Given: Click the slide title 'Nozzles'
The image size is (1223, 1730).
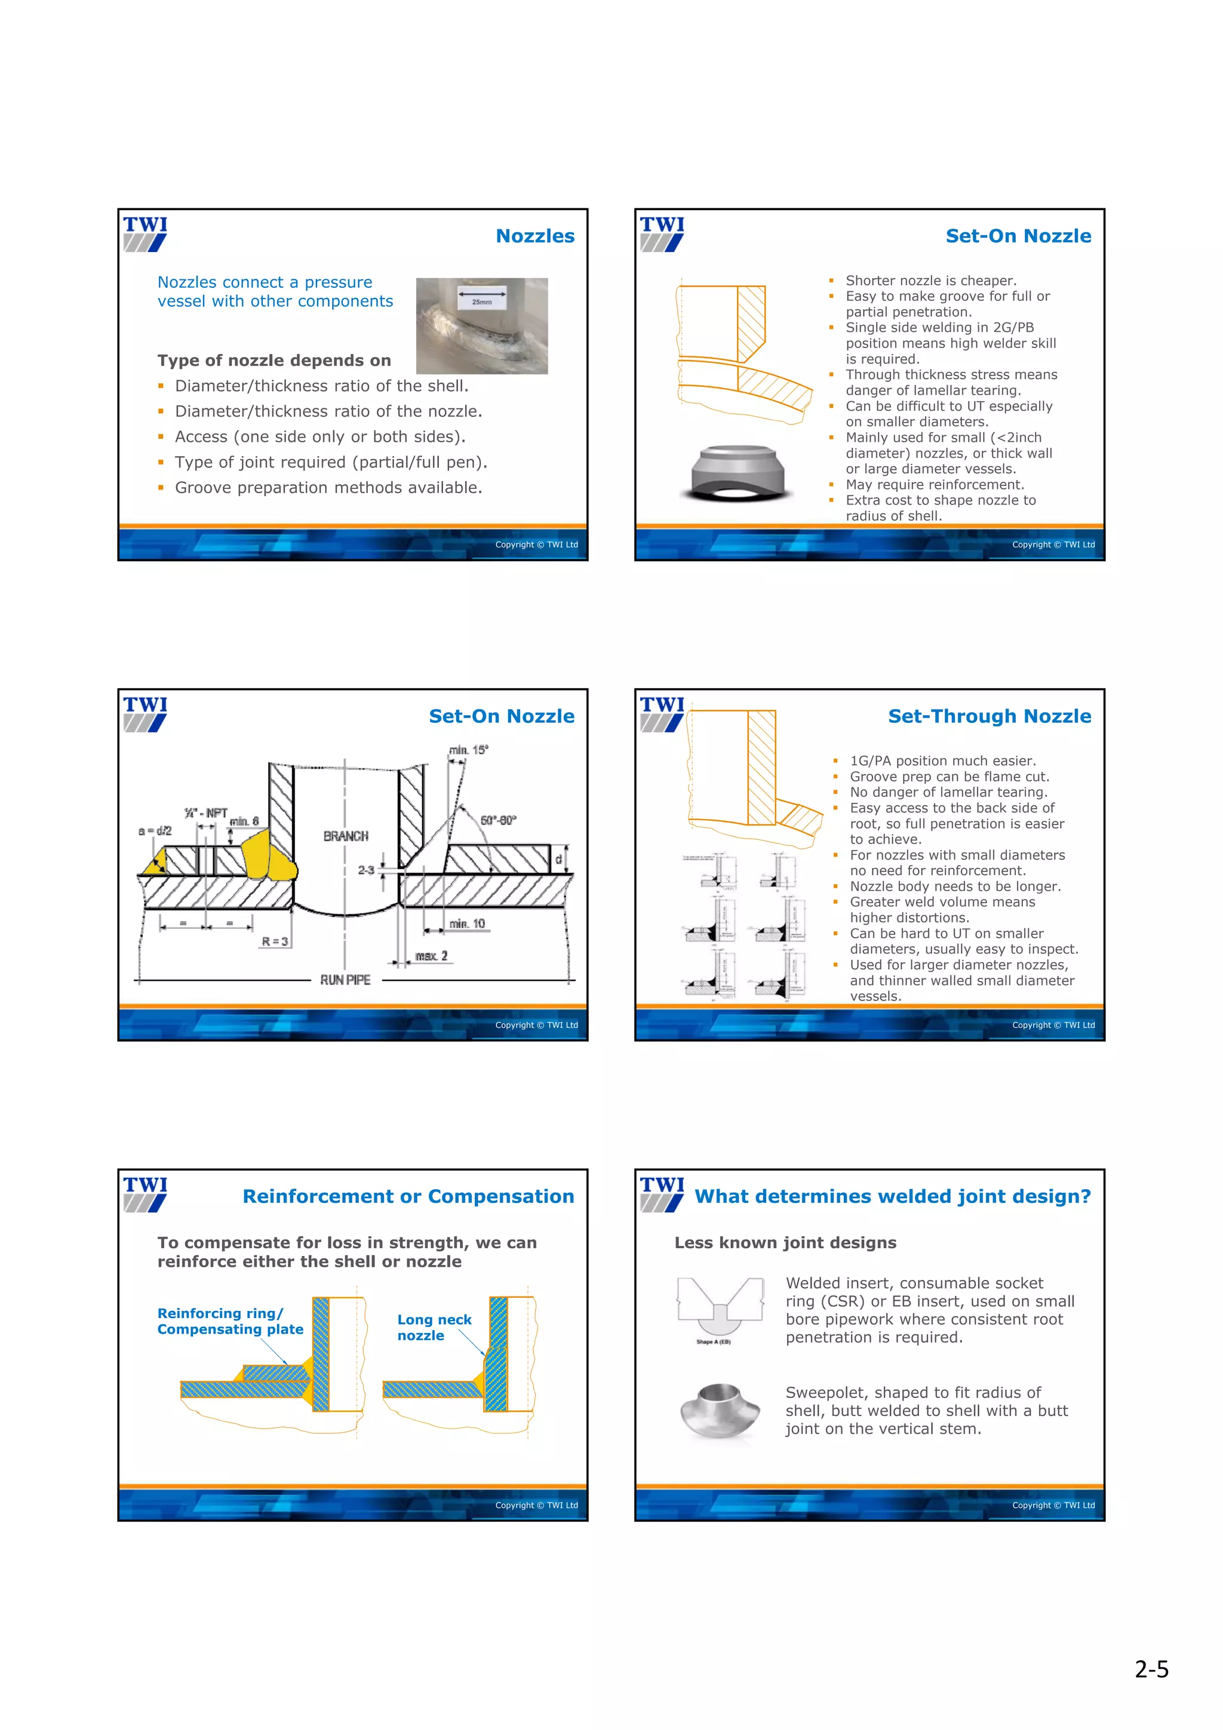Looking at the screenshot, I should point(534,236).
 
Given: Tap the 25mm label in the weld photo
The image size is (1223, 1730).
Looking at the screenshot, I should point(481,301).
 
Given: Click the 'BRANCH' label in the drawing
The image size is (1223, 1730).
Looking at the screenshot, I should point(346,836).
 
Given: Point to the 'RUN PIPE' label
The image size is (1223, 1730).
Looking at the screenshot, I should point(345,980).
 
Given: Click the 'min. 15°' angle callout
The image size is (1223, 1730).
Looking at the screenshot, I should point(469,750).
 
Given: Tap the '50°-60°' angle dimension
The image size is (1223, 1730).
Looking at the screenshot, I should point(498,820).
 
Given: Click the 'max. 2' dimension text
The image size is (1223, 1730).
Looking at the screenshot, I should point(431,955).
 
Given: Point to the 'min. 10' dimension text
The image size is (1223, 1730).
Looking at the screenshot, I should point(467,924).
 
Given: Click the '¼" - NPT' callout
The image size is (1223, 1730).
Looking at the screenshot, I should point(205,813).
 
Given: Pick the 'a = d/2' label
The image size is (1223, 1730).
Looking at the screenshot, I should point(155,830).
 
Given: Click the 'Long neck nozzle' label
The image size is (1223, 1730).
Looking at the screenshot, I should point(434,1327).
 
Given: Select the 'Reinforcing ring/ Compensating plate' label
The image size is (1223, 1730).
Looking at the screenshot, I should point(230,1321).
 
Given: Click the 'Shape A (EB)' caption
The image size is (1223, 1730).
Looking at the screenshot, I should point(713,1341).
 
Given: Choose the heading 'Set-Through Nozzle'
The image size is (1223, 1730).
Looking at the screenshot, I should point(989,716).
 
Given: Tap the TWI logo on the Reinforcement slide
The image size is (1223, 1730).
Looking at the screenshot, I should point(146,1193).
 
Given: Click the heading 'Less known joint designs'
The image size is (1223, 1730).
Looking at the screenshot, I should point(785,1242).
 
